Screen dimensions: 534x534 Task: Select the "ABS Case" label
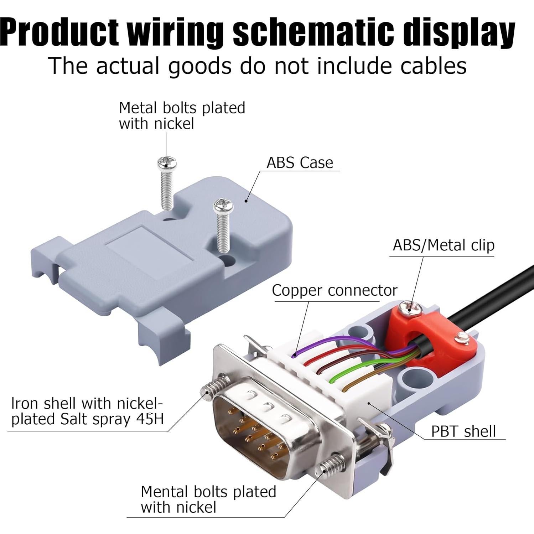click(300, 163)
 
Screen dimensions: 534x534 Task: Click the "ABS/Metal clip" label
click(444, 245)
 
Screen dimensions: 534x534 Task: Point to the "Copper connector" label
click(334, 291)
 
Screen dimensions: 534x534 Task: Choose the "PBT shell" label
click(463, 431)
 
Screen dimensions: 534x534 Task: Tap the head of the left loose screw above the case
click(167, 163)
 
